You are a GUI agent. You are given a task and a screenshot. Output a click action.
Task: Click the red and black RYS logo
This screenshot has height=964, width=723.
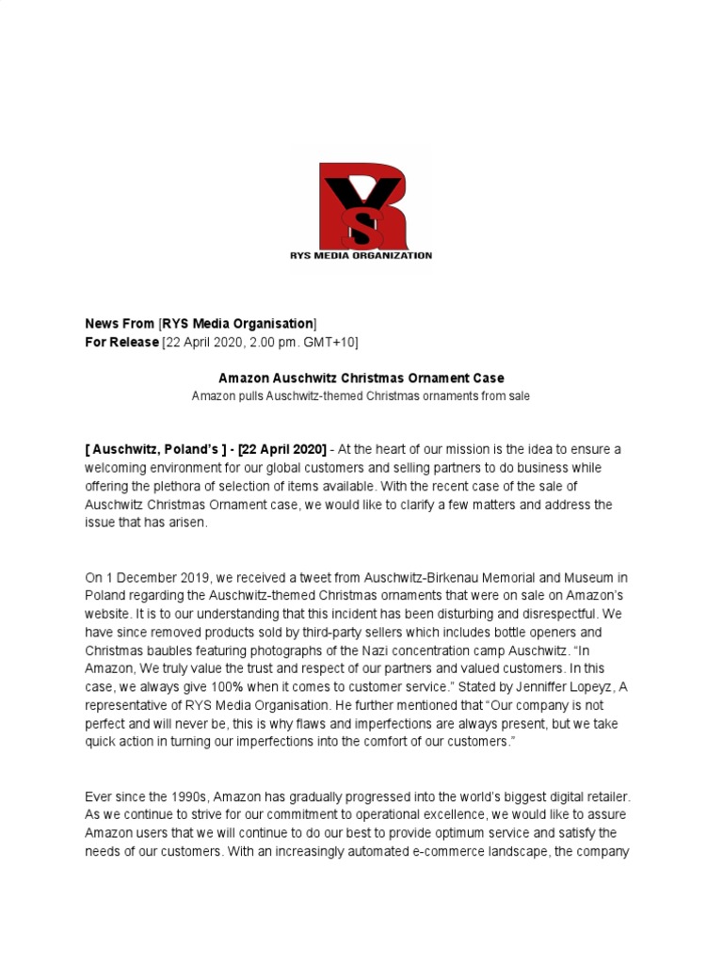[x=361, y=204]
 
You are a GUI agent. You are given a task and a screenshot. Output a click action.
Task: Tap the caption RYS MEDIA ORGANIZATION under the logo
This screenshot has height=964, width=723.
[x=361, y=255]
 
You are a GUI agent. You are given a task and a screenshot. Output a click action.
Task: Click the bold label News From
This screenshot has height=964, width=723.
[x=120, y=324]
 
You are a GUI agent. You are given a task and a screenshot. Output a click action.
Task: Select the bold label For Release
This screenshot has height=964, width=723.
[x=121, y=342]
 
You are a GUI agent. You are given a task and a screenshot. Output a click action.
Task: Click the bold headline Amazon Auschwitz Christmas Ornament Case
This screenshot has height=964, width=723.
[x=361, y=378]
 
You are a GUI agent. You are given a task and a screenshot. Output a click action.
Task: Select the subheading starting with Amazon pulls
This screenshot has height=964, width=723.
[x=361, y=396]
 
